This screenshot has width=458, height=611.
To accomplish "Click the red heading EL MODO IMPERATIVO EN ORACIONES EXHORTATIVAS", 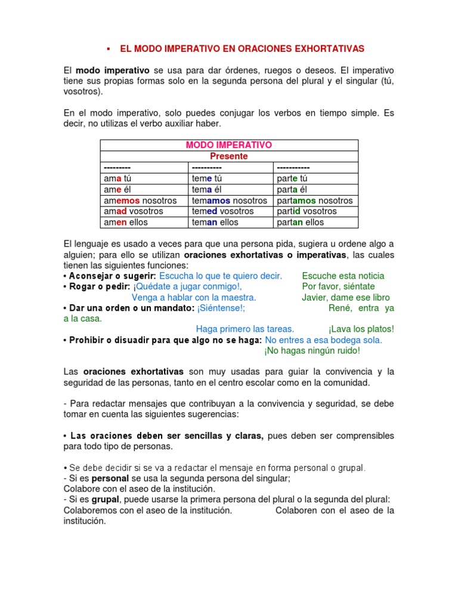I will [x=242, y=48].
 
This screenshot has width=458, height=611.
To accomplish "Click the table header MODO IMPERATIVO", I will [x=229, y=145].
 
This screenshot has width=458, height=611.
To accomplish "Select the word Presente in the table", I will [x=229, y=156].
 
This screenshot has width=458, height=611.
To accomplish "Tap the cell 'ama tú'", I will [x=118, y=178].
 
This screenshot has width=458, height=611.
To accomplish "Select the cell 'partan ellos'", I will [x=301, y=222].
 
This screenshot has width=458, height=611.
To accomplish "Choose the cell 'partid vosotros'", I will [x=307, y=211].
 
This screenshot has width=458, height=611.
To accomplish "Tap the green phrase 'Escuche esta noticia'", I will [x=343, y=276].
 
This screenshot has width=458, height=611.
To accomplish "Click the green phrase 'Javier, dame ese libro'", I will [x=346, y=297].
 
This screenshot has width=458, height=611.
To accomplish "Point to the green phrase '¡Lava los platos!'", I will [x=361, y=329].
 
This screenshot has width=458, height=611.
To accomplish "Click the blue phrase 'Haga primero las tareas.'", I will [x=245, y=329].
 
